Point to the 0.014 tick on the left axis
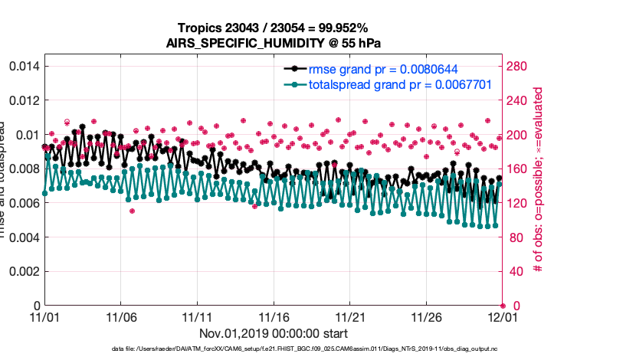click(22, 66)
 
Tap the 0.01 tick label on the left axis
click(27, 135)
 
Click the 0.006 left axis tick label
click(22, 203)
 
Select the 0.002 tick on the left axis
click(22, 271)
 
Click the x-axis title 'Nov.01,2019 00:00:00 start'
click(273, 333)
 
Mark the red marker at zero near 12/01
click(502, 306)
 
